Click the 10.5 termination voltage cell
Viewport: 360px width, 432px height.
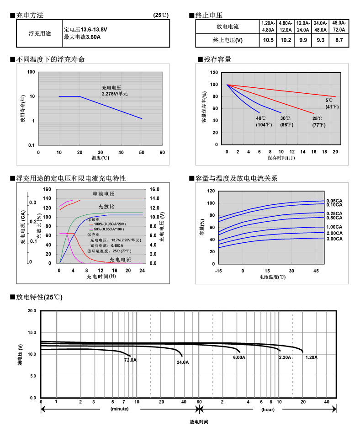268,40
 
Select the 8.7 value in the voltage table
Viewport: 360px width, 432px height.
339,40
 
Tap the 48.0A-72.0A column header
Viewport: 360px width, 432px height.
339,26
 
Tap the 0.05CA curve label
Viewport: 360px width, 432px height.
334,201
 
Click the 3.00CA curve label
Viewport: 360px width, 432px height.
334,239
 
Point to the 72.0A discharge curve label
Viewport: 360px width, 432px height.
131,360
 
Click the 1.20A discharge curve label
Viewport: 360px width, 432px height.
312,357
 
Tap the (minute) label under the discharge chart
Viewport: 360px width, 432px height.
119,409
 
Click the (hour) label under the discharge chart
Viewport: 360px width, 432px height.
268,409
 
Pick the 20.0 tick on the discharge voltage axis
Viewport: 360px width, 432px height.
32,311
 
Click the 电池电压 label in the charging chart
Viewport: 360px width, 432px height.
104,194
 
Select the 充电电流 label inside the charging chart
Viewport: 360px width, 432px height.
120,260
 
